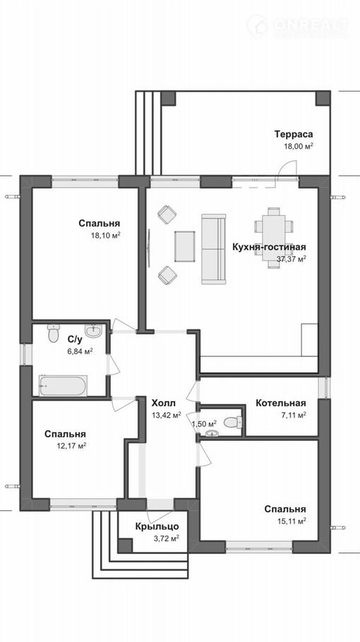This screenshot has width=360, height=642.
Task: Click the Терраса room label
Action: (294, 134)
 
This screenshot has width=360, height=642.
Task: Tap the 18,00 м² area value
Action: (299, 146)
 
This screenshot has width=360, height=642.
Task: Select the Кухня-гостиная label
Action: (269, 248)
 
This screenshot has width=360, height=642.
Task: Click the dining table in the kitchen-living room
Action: (274, 238)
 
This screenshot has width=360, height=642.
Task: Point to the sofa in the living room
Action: (214, 248)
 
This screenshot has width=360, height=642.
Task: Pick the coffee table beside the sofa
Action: (185, 246)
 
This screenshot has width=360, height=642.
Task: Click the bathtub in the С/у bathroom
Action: (63, 385)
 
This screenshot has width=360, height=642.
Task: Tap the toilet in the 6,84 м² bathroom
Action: (53, 333)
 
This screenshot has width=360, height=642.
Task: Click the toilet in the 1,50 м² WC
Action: (234, 422)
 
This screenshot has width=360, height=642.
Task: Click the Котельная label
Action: (281, 403)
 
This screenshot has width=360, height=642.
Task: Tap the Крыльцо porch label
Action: (157, 526)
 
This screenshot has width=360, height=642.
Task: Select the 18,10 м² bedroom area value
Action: (106, 236)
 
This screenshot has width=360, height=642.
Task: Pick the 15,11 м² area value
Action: (292, 521)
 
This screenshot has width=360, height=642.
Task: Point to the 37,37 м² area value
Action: (292, 259)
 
